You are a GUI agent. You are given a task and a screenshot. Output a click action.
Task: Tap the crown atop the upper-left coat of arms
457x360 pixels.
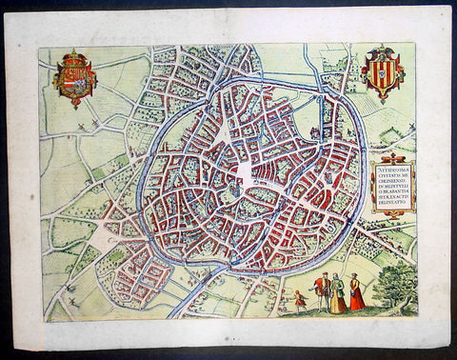point(74,57)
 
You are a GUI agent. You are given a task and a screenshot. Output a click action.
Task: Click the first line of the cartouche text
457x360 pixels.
point(391,166)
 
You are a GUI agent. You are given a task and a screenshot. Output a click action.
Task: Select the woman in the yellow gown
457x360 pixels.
point(338,294)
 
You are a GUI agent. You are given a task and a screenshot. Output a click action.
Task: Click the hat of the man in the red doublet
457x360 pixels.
point(322,275)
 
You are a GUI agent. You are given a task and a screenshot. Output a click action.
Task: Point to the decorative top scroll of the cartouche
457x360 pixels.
point(391,157)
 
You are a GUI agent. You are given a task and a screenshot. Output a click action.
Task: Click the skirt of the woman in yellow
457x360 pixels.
point(338,303)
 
